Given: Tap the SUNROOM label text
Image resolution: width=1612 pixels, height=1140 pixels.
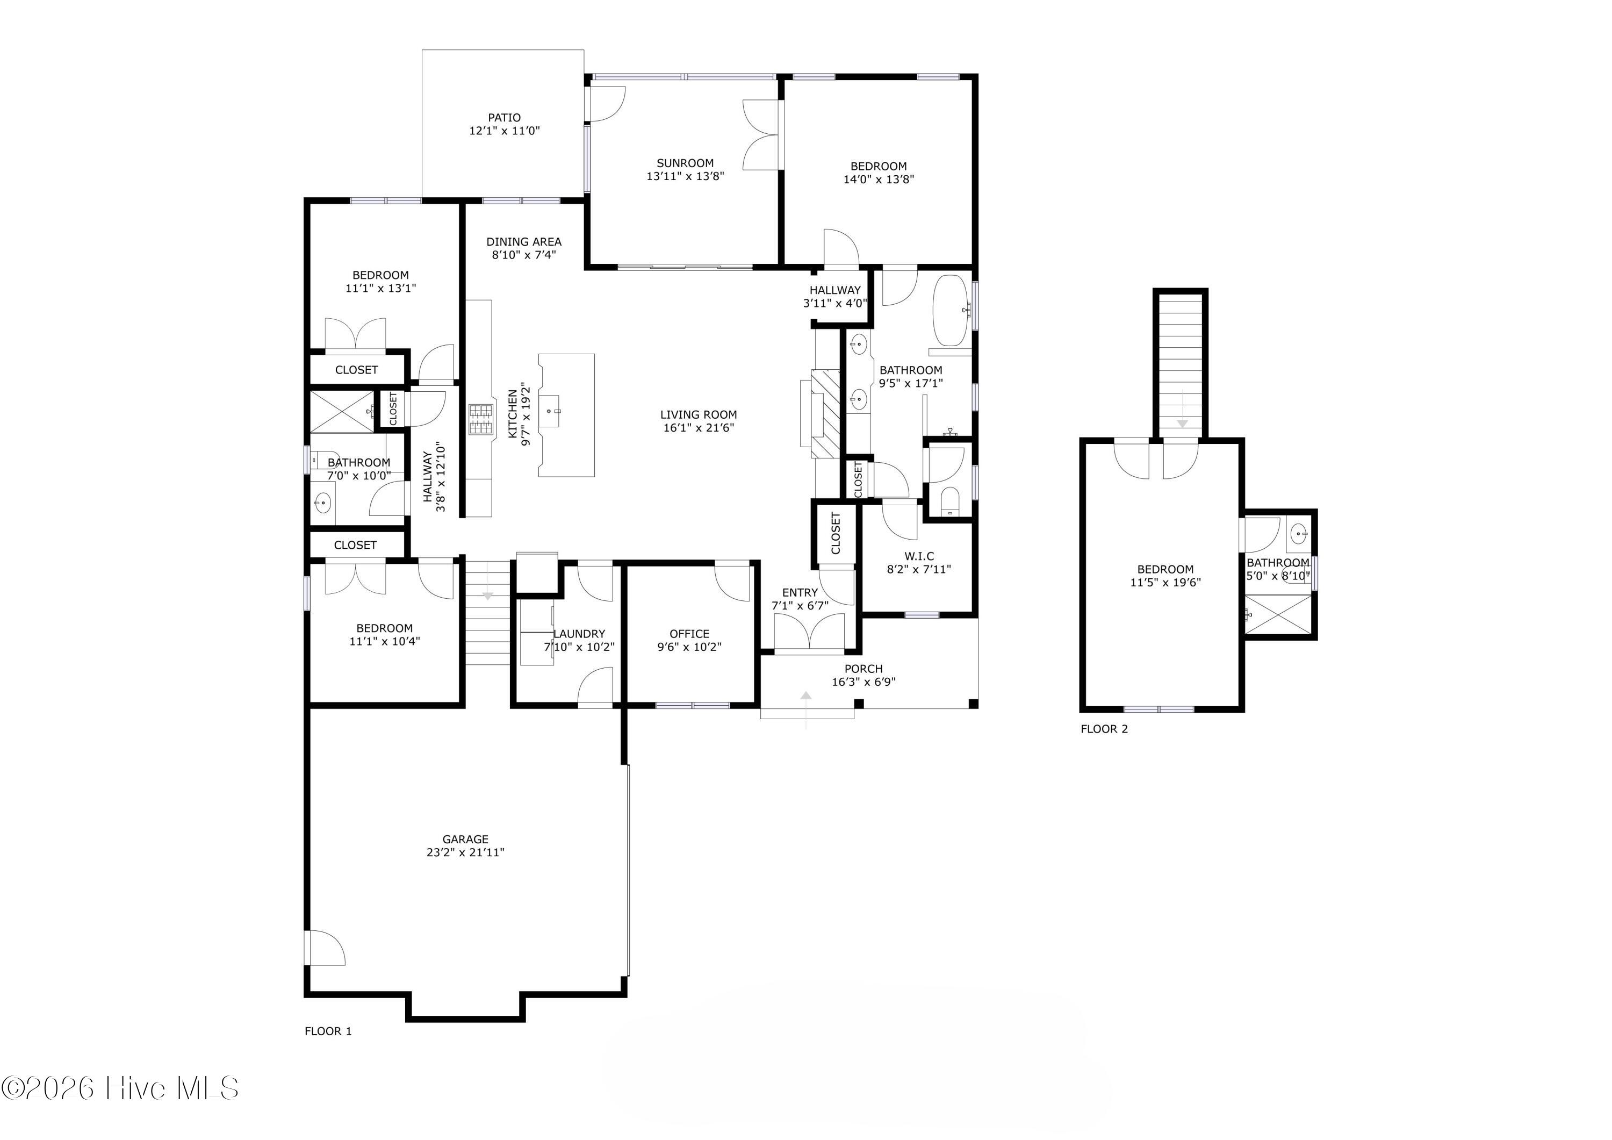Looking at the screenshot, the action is [685, 163].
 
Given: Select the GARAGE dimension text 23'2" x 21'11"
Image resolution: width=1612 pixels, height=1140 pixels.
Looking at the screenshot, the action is [465, 852].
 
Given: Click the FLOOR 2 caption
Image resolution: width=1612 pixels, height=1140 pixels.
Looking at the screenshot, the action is [1104, 729].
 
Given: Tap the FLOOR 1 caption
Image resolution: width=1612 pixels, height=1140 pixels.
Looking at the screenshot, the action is [328, 1031].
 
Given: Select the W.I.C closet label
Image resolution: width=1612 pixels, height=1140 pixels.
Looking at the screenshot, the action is [919, 556].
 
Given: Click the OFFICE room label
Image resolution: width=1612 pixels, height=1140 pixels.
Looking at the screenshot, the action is [689, 634].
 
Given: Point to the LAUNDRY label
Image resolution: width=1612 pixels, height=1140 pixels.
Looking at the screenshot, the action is [579, 634].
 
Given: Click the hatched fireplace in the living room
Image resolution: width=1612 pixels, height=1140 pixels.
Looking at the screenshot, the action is [826, 414].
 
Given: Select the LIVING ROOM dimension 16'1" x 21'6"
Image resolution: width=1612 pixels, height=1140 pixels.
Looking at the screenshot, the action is [699, 428].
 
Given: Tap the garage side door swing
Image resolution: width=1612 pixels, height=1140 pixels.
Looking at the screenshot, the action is [325, 948].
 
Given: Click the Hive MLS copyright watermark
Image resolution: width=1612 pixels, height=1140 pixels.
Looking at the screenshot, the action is [120, 1088].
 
